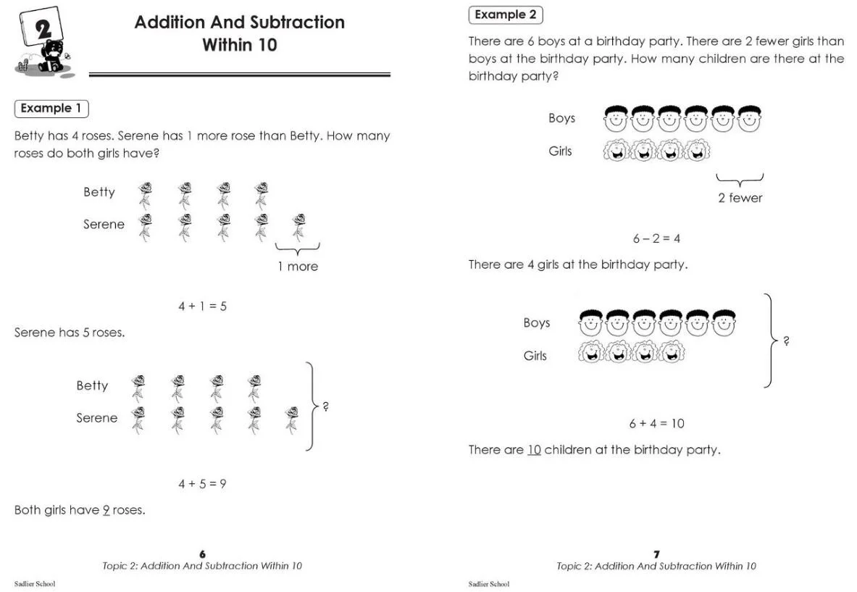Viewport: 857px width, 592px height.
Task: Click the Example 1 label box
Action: coord(51,109)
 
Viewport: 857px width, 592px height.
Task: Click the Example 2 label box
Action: coord(506,14)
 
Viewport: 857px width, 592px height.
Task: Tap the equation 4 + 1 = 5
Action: coord(203,306)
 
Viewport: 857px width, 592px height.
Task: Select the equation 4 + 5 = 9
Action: coord(203,483)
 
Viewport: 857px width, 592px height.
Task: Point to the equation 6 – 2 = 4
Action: coord(656,238)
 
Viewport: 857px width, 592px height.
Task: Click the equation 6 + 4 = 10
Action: coord(656,423)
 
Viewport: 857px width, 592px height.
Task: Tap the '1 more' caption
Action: coord(298,266)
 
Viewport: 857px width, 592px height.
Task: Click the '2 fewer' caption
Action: coord(740,197)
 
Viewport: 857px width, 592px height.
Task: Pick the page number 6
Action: coord(202,554)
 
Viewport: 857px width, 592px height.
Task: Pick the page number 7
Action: coord(656,554)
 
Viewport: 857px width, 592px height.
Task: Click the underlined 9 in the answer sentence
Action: coord(106,510)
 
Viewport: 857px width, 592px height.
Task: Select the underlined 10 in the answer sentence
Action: coord(534,450)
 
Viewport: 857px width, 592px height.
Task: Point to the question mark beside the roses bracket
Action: coord(326,407)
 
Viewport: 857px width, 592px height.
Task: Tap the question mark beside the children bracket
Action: coord(787,341)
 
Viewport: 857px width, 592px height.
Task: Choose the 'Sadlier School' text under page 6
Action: coord(35,584)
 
